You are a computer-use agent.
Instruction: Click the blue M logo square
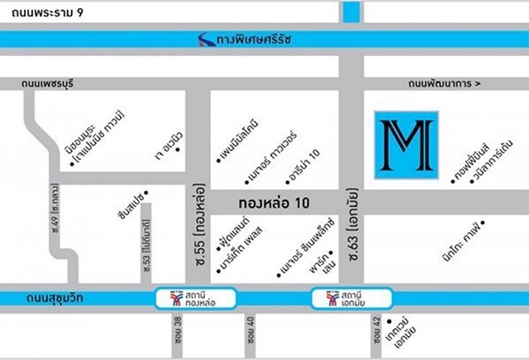406,145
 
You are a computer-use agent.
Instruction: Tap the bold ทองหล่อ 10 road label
274,203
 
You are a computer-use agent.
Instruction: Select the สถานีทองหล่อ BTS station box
196,299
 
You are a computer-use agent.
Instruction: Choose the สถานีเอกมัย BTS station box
351,299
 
